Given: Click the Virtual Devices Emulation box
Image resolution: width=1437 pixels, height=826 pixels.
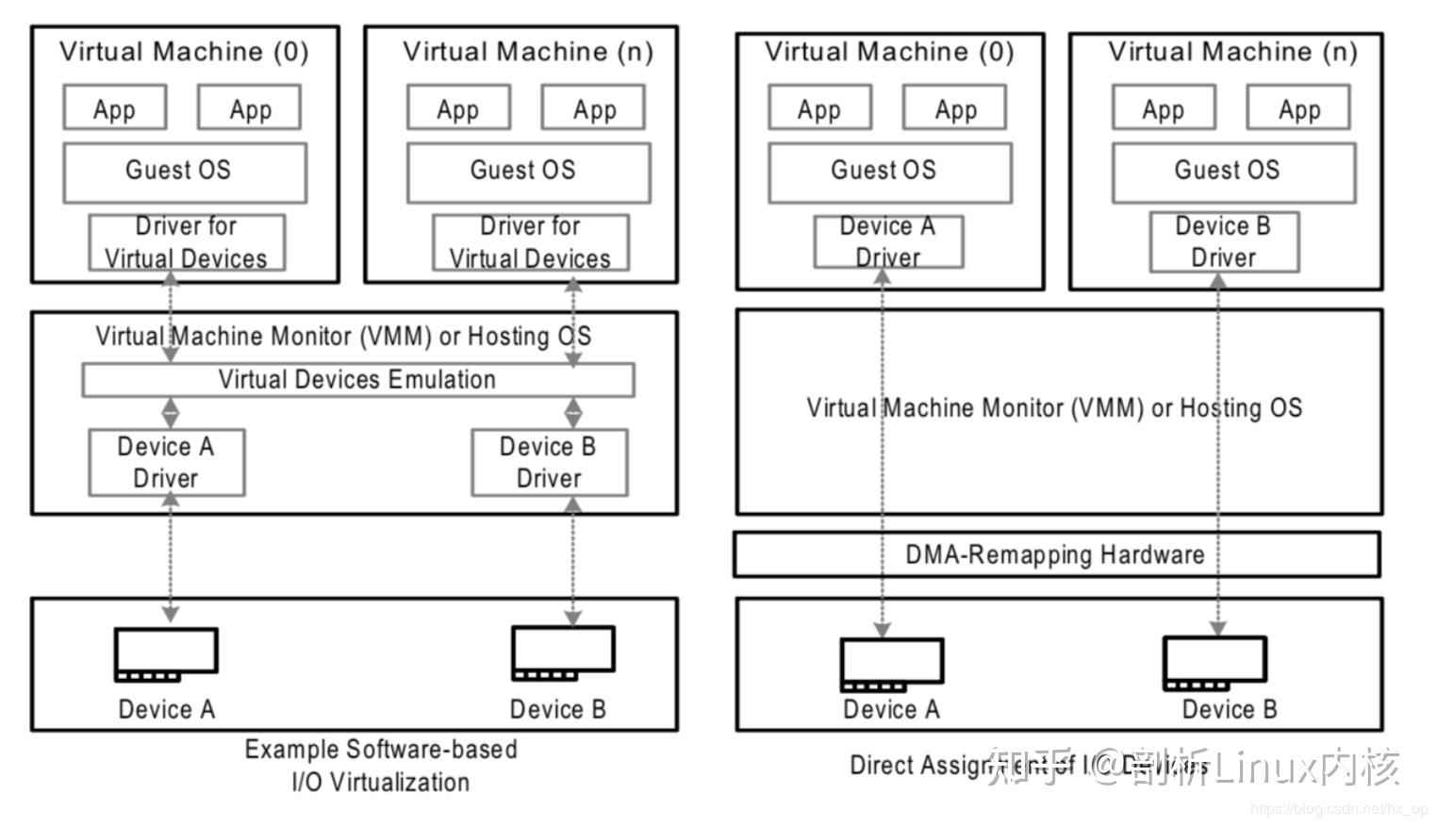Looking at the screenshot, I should click(357, 380).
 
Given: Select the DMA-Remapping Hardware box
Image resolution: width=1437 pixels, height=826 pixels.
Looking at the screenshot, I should click(1056, 554).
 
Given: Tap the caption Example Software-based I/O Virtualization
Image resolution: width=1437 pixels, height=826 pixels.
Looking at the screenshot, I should click(381, 766).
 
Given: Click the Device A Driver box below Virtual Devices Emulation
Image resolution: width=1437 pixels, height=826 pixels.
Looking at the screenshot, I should click(166, 462).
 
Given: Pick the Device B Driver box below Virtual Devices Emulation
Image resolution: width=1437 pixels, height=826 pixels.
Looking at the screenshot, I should click(549, 462).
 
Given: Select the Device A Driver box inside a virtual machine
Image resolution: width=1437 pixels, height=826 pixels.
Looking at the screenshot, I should click(888, 241).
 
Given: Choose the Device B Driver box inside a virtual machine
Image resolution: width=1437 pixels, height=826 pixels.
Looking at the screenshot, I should click(1223, 241).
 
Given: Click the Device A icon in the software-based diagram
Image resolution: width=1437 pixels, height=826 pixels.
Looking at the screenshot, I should click(166, 653).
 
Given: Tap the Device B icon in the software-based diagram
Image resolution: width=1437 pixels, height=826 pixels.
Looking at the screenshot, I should click(563, 653).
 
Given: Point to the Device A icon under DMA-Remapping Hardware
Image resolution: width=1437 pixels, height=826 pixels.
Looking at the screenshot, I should click(892, 665).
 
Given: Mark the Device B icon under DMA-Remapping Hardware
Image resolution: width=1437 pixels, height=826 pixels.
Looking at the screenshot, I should click(1214, 663).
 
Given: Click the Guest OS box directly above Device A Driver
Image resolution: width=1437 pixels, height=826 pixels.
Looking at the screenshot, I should click(889, 173).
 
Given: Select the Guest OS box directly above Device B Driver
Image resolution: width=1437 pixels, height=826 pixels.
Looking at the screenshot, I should click(1233, 173).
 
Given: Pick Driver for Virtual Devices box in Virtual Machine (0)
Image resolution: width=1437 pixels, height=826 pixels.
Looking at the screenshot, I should click(187, 242).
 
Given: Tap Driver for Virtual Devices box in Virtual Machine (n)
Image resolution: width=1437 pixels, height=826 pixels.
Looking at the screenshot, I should click(531, 242).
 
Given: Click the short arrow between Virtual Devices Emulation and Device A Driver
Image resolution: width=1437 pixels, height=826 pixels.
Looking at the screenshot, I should click(171, 413).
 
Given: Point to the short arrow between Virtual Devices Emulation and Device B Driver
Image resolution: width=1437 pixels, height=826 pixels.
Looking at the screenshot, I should click(573, 413).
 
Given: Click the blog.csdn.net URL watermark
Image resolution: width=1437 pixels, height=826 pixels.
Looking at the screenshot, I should click(1339, 809).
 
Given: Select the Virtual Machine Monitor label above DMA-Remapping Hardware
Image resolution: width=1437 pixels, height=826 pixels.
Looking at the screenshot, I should click(1054, 408).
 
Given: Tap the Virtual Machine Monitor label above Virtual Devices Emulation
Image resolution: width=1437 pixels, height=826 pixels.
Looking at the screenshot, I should click(343, 337).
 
